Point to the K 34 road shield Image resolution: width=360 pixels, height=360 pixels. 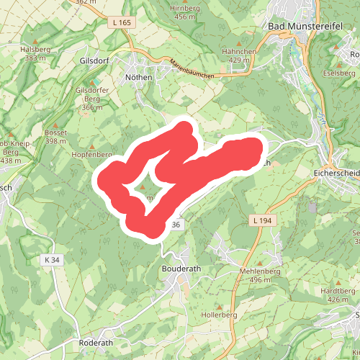click(51, 259)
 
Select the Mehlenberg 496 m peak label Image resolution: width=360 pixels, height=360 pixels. click(258, 274)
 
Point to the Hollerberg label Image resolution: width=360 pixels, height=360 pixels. click(220, 315)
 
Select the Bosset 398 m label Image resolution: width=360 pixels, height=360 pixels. click(55, 137)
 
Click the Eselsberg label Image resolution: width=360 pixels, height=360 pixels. click(340, 73)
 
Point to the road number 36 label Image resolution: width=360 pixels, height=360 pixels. click(176, 225)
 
